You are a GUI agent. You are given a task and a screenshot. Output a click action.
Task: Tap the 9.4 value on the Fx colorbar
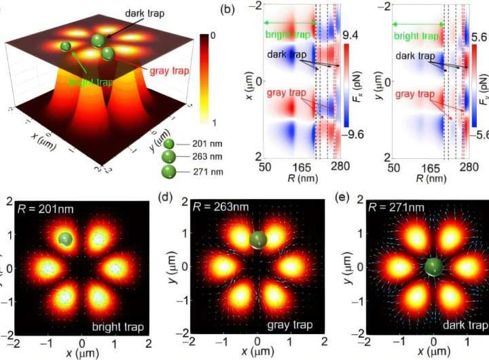pos(357,35)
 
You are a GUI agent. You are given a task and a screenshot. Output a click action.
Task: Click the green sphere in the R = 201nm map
pos(65,239)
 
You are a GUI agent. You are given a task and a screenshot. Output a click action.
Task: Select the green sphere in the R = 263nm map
pos(257,238)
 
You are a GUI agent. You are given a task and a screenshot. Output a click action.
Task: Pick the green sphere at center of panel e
pos(433,267)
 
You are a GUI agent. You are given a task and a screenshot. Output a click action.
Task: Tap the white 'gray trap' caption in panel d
pos(289,325)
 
